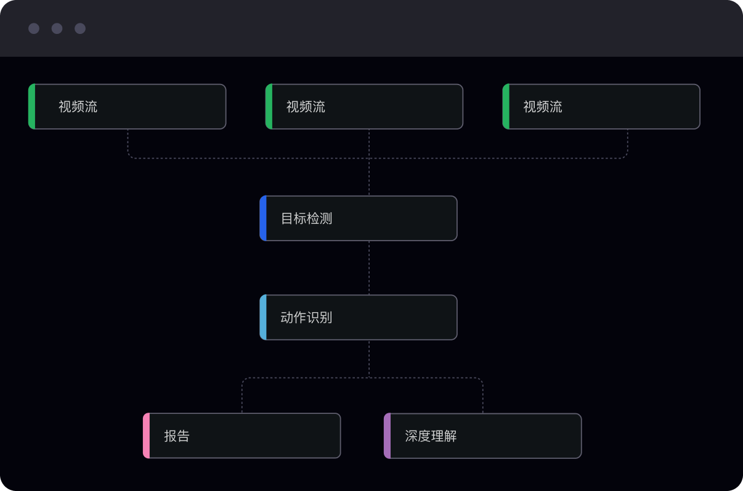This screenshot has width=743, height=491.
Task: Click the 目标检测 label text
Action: pos(306,218)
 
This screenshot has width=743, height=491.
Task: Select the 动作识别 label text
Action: pos(306,318)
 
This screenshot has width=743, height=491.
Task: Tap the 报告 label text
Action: pos(177,436)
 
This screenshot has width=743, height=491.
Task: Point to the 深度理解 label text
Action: pos(431,436)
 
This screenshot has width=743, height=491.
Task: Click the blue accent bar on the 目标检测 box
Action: pos(263,218)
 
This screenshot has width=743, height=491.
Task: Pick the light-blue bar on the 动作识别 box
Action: pos(263,317)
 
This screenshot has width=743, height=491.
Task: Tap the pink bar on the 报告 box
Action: pos(146,435)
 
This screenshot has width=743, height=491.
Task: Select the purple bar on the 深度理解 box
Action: pos(387,436)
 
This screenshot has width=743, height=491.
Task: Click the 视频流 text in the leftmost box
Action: pos(78,107)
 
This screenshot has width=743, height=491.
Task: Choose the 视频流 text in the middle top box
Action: pos(306,107)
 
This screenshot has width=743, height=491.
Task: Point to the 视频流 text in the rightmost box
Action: pos(543,107)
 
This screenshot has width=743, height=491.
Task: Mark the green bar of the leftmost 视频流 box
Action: pos(32,106)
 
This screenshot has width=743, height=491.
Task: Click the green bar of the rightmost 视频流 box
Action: pos(506,106)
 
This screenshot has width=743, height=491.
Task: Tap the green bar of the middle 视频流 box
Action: pos(269,106)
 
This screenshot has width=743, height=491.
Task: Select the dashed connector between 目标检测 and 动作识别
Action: pos(369,268)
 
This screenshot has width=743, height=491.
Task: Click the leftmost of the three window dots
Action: pos(34,28)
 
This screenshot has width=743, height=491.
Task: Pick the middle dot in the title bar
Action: pos(57,28)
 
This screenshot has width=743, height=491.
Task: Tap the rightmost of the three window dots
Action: pos(80,28)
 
